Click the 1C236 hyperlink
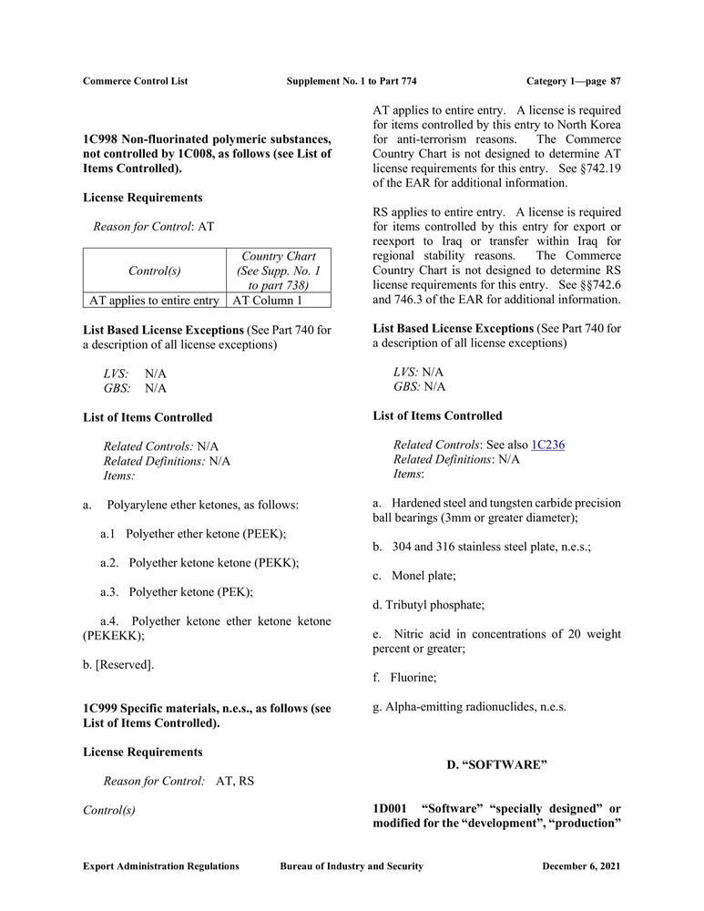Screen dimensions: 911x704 [x=547, y=445]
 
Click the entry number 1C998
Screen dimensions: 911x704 [x=100, y=138]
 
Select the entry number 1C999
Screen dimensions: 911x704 [x=100, y=708]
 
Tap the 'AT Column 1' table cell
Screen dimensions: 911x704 [x=268, y=300]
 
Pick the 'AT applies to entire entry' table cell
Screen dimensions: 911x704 [x=154, y=300]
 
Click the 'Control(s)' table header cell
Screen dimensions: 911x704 [x=154, y=271]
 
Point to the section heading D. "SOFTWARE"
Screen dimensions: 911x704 [x=496, y=764]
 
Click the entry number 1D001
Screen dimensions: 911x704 [x=390, y=808]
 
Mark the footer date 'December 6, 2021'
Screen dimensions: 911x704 [x=581, y=866]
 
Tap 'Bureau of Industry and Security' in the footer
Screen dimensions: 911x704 [x=352, y=866]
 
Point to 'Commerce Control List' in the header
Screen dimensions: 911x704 [x=135, y=81]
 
